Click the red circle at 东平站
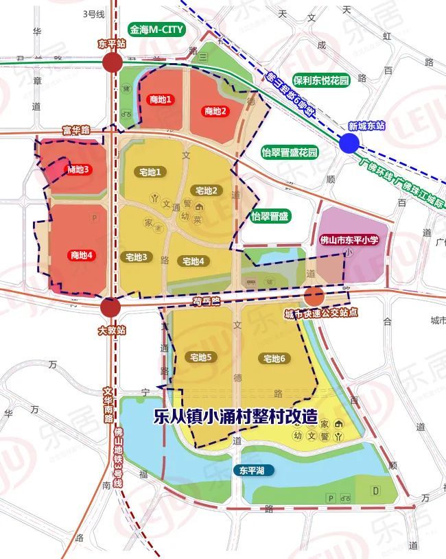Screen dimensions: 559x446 pyautogui.click(x=112, y=64)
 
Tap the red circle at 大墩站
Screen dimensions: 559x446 pyautogui.click(x=112, y=307)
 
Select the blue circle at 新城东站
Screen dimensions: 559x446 pyautogui.click(x=349, y=143)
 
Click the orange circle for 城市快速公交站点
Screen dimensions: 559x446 pyautogui.click(x=314, y=297)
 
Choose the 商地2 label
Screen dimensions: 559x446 pyautogui.click(x=215, y=111)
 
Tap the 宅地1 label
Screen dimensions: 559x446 pyautogui.click(x=150, y=171)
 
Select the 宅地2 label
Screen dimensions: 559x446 pyautogui.click(x=207, y=190)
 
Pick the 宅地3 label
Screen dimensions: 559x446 pyautogui.click(x=136, y=257)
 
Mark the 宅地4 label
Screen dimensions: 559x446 pyautogui.click(x=192, y=261)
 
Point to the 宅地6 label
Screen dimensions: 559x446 pyautogui.click(x=272, y=359)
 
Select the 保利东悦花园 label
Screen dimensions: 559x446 pyautogui.click(x=320, y=80)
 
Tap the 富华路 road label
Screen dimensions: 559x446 pyautogui.click(x=76, y=129)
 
